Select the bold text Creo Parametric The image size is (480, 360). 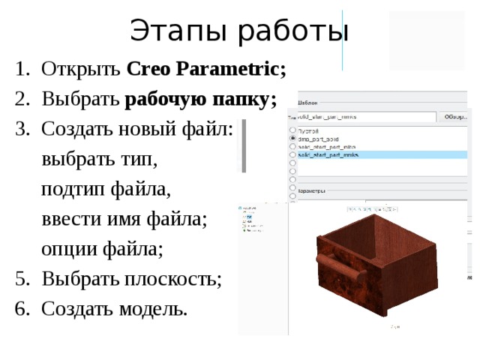[x=206, y=70]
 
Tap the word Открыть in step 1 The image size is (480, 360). [x=82, y=70]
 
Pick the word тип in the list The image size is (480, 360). [x=137, y=159]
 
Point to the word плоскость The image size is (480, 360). [x=172, y=278]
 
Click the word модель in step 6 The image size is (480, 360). [x=154, y=307]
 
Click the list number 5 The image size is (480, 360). [x=20, y=278]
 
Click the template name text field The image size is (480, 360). [x=364, y=117]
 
